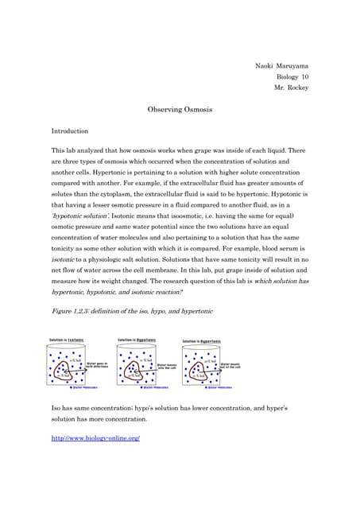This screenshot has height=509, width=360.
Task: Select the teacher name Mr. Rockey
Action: click(x=291, y=87)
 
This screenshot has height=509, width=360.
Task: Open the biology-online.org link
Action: click(x=95, y=437)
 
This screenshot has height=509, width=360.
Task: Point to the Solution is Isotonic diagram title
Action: click(x=67, y=340)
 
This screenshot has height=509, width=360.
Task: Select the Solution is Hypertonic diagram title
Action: click(x=203, y=340)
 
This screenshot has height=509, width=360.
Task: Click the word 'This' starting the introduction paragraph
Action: click(x=59, y=150)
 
